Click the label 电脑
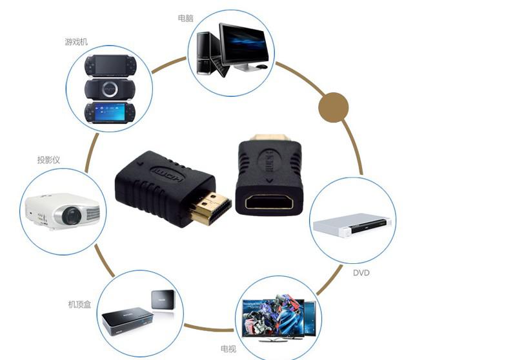185,18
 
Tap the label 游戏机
76,42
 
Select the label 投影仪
48,159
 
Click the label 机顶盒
80,303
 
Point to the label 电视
228,349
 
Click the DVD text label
361,273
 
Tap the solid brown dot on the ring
334,106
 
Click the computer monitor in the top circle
243,43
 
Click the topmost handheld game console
110,65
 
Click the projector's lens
72,215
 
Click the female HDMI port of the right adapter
269,202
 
